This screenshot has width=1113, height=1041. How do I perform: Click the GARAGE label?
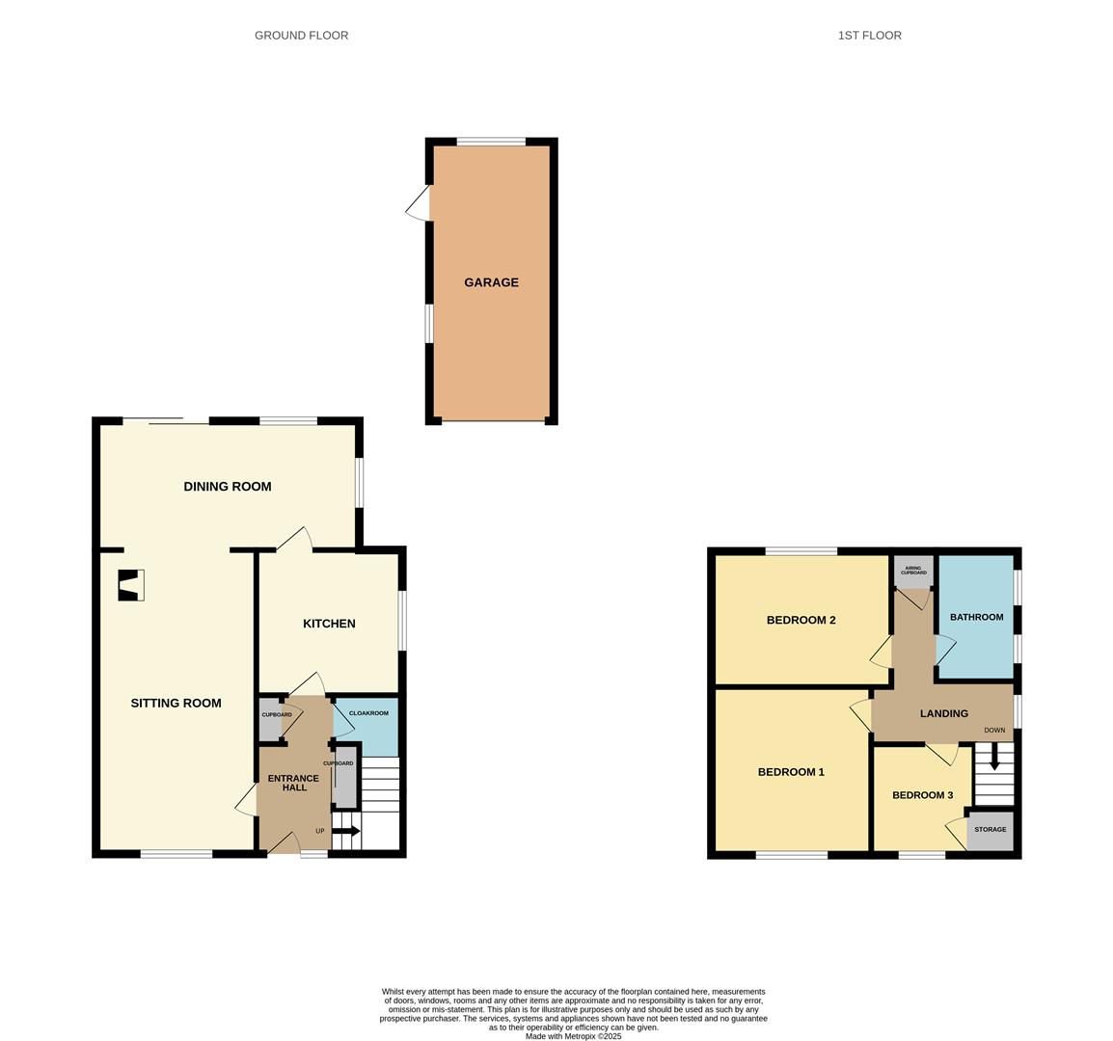[x=491, y=282]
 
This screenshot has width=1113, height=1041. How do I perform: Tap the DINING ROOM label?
[x=228, y=487]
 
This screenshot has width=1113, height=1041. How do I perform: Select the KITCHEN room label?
[x=329, y=624]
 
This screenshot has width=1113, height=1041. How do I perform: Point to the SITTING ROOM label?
[x=176, y=704]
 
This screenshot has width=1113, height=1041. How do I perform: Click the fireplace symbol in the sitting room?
[x=131, y=585]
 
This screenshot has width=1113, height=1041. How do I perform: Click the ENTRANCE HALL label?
[x=293, y=783]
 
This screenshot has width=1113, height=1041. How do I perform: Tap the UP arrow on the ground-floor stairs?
[x=346, y=831]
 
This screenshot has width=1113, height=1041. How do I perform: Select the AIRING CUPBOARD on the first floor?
[x=912, y=572]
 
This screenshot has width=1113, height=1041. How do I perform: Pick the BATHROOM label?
[x=977, y=617]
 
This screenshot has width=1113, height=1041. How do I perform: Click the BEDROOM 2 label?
[x=801, y=620]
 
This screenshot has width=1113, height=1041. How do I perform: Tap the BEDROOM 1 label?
[x=792, y=772]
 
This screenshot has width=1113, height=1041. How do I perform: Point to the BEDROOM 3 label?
[x=923, y=795]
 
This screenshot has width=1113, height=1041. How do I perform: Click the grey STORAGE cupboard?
[x=991, y=830]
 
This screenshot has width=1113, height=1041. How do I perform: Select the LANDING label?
[x=944, y=714]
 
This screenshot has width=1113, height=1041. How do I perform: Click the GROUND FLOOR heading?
[x=302, y=36]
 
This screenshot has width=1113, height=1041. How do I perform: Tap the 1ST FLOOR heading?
[x=870, y=36]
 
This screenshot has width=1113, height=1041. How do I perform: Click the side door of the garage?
[x=419, y=203]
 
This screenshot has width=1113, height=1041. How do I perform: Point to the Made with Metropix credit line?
[x=574, y=1036]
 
